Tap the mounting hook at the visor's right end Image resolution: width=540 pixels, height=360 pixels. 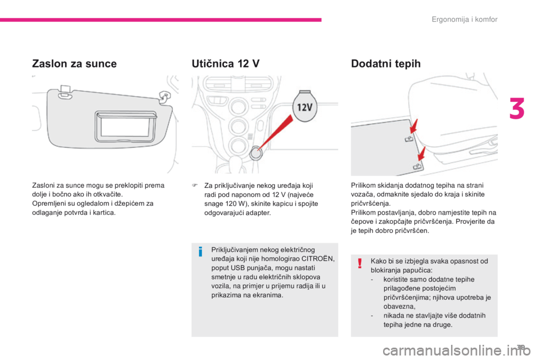[165, 96]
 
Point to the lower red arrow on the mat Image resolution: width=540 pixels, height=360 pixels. [421, 152]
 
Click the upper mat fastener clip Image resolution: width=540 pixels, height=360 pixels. [409, 139]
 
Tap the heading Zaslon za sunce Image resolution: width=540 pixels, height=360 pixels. [74, 64]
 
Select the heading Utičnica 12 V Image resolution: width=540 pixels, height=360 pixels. [226, 64]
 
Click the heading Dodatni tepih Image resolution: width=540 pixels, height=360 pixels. [385, 64]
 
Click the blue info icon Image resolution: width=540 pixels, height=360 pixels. [200, 253]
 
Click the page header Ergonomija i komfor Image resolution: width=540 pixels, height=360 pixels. [465, 20]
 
